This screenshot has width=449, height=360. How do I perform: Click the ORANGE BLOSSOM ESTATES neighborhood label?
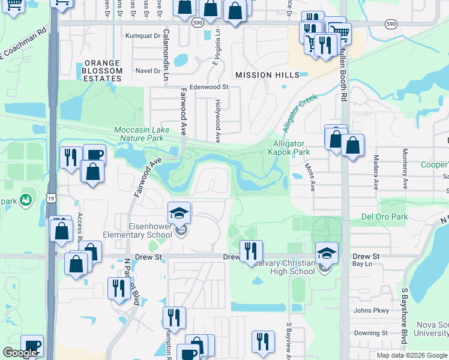[103, 70]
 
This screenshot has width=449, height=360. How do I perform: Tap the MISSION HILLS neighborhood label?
[267, 75]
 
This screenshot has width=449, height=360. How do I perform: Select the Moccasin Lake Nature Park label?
[148, 134]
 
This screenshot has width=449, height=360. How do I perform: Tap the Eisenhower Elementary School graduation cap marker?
[179, 213]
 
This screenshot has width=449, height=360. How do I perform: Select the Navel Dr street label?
[148, 70]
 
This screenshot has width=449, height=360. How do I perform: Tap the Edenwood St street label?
[209, 86]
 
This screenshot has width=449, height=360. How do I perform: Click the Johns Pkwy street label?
[371, 310]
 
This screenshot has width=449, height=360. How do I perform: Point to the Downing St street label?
[370, 333]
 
